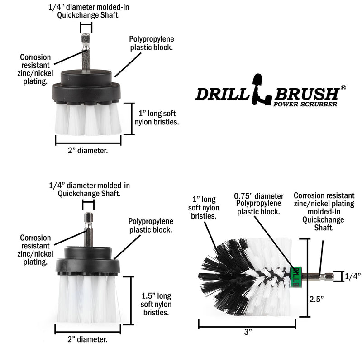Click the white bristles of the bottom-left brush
[88, 301]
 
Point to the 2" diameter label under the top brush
[88, 151]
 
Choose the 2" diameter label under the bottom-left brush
[88, 338]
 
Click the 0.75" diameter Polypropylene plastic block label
[258, 204]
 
